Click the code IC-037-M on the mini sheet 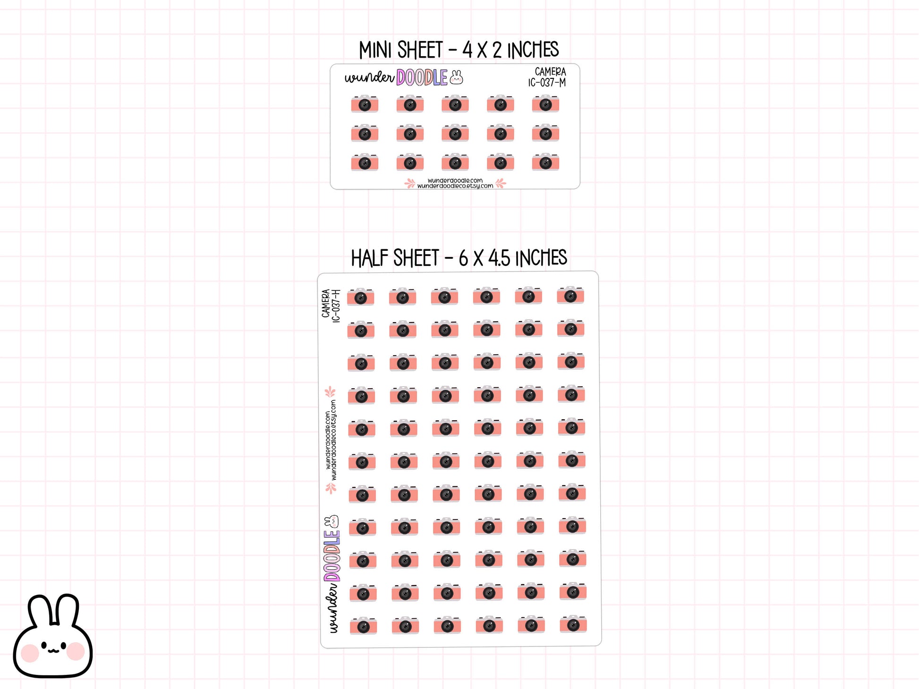[x=547, y=83]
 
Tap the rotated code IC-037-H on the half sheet [x=336, y=306]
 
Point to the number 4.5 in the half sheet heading [x=499, y=258]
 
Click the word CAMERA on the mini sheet [x=550, y=72]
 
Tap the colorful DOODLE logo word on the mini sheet [x=422, y=78]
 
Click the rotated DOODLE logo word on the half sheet [x=332, y=556]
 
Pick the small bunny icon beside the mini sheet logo [x=456, y=77]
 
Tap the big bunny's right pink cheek [x=76, y=651]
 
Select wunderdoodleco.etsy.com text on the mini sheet [x=455, y=186]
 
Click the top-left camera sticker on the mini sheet [x=365, y=104]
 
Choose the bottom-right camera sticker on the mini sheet [x=545, y=162]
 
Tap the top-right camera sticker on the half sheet [x=570, y=295]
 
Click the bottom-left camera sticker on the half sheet [x=363, y=626]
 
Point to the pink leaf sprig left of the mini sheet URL [x=410, y=184]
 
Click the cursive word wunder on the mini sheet [x=369, y=78]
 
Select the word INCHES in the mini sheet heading [x=533, y=50]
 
